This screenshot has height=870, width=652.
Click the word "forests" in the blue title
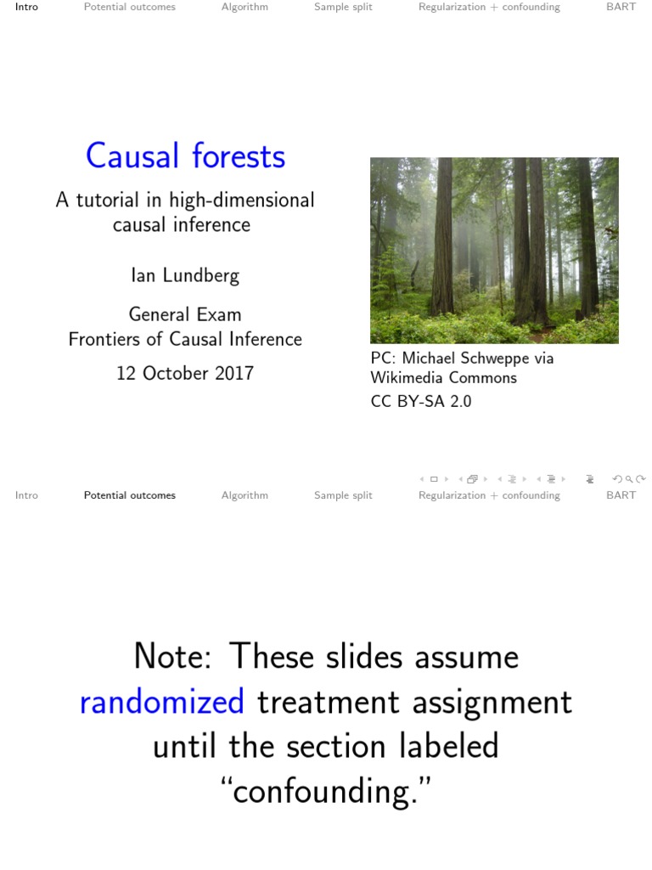click(238, 156)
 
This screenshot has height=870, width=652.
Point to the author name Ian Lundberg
click(184, 275)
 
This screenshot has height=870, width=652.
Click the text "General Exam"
click(184, 314)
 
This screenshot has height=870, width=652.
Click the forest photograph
click(494, 250)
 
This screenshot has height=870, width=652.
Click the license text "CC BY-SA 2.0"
click(420, 401)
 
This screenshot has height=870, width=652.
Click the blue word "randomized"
click(161, 703)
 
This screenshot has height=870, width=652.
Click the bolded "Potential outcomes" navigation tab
click(129, 495)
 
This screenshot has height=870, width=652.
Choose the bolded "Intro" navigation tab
click(26, 7)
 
